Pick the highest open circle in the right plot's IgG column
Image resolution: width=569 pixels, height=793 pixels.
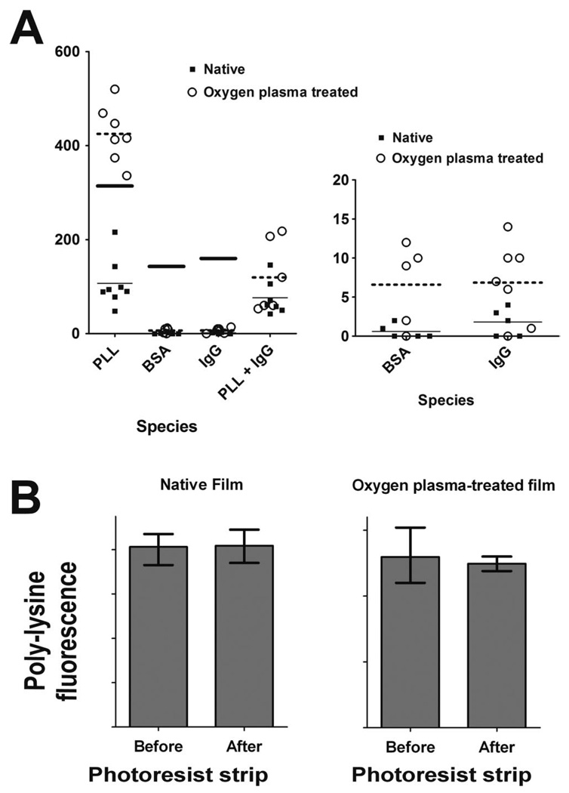pyautogui.click(x=508, y=227)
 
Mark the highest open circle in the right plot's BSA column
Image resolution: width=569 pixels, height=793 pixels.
pyautogui.click(x=407, y=242)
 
